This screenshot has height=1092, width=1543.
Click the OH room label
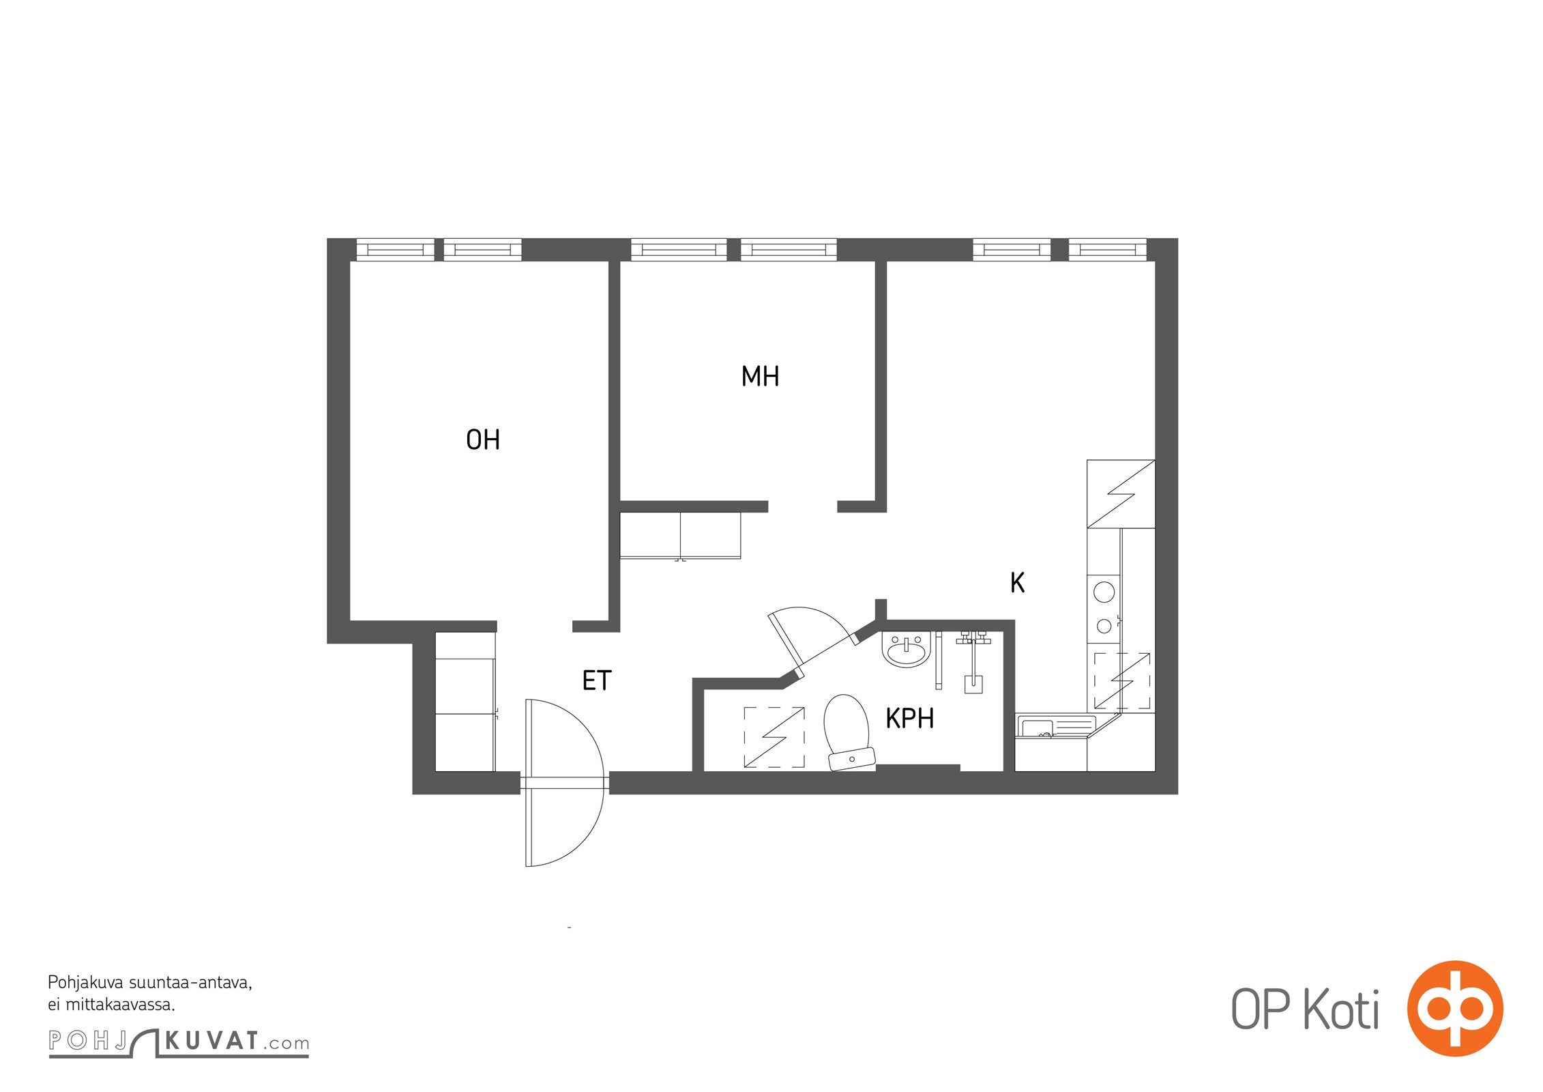(x=483, y=440)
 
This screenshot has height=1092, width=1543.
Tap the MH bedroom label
(x=760, y=376)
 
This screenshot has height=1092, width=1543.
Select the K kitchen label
(x=1017, y=583)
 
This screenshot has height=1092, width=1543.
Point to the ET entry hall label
(x=597, y=680)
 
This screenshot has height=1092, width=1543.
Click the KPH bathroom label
(x=909, y=719)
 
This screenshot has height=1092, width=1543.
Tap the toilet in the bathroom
(x=848, y=733)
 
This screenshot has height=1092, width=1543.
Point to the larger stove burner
(x=1104, y=592)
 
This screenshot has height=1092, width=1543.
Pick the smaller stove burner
(x=1104, y=625)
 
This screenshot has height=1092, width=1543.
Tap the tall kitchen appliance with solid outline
(x=1121, y=494)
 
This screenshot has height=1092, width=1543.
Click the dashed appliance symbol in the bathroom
(x=774, y=738)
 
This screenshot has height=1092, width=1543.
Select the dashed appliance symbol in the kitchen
(x=1122, y=680)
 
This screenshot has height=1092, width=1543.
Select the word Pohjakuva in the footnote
(x=85, y=983)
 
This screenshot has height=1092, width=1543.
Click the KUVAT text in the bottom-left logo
(x=211, y=1041)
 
